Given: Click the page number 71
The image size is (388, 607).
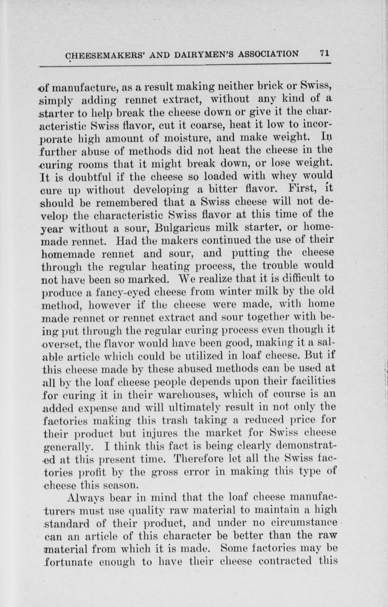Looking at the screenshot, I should pos(325,53).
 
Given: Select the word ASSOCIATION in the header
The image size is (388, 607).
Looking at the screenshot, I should pos(268,54).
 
